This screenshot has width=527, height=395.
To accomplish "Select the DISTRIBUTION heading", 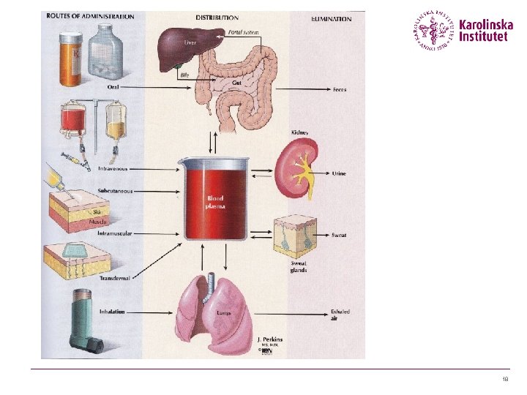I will (x=217, y=17).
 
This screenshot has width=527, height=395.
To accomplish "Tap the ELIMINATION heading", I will (x=332, y=18).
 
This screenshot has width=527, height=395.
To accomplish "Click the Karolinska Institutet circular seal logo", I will (x=434, y=31).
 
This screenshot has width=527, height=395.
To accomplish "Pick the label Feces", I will (x=339, y=90).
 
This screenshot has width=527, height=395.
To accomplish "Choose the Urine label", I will (x=339, y=173).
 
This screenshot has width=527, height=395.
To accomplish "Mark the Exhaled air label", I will (x=340, y=315).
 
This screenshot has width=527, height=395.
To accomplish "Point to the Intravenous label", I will (x=113, y=169).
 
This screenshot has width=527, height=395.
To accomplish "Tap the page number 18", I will (x=505, y=380).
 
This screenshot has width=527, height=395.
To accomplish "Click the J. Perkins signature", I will (x=269, y=339).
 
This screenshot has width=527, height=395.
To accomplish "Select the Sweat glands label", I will (x=299, y=267).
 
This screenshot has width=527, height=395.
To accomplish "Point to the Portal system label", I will (x=244, y=33).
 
